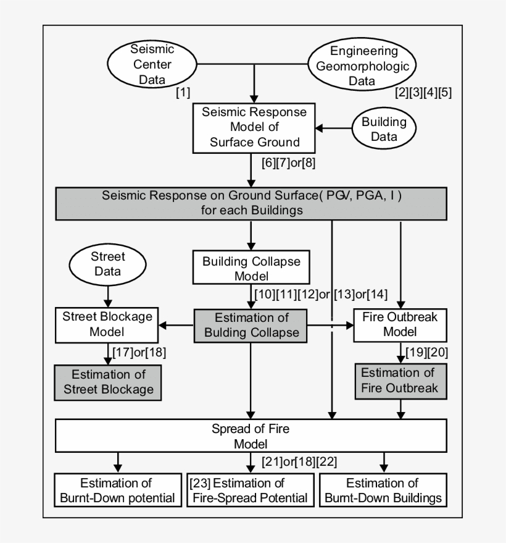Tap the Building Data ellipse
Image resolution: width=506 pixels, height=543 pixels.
pyautogui.click(x=384, y=128)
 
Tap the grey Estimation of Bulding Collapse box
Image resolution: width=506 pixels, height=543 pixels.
pyautogui.click(x=252, y=325)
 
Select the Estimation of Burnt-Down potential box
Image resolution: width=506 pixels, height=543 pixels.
pyautogui.click(x=115, y=490)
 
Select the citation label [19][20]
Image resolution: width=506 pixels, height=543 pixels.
pyautogui.click(x=426, y=351)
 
